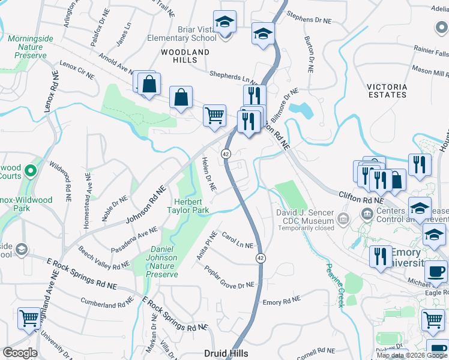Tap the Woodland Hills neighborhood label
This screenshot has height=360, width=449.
185,56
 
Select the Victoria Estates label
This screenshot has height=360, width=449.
387,91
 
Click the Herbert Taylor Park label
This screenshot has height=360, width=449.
191,206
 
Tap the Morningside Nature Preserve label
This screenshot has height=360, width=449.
27,47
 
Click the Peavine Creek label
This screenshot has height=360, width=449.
334,285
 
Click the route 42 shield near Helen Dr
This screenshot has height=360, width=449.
226,154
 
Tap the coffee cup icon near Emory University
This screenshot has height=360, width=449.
436,271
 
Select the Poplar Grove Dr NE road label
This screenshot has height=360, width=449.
229,277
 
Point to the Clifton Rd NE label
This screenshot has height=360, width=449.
361,197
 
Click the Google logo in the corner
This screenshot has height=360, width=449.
20,353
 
